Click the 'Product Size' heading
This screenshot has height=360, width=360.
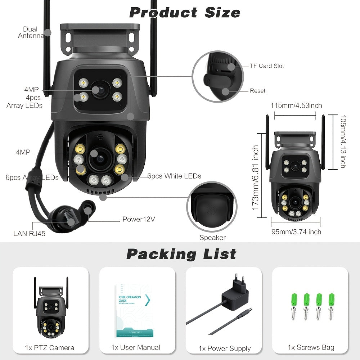tap(185, 13)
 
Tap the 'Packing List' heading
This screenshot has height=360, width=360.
tap(181, 254)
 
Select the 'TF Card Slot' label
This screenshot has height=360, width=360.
tap(267, 66)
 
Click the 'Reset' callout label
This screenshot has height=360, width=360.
tap(257, 91)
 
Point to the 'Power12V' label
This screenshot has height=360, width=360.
tap(139, 219)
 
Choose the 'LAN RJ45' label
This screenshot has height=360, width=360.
tap(29, 234)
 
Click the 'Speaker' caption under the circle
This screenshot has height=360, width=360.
tap(212, 238)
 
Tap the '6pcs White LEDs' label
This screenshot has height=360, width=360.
tap(174, 176)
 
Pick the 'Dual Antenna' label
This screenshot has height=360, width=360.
tap(30, 32)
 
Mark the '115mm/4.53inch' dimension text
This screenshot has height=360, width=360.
tap(296, 105)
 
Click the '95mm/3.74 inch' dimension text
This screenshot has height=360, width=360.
tap(296, 232)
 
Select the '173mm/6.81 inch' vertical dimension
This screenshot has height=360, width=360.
tap(256, 182)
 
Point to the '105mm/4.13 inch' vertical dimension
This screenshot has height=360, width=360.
tap(342, 141)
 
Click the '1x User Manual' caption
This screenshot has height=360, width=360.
tap(136, 347)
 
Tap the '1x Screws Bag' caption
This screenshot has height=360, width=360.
tap(311, 347)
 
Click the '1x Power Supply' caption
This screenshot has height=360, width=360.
tap(224, 348)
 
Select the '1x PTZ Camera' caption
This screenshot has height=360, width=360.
tap(50, 347)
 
